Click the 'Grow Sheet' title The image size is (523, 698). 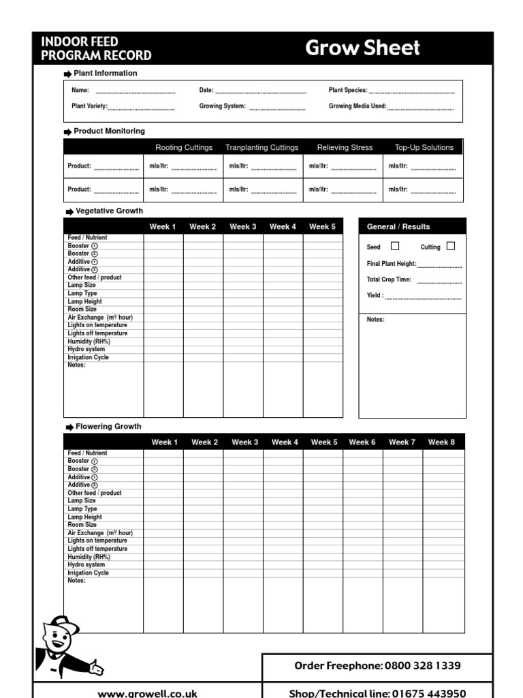coord(362,48)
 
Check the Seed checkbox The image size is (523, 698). coord(395,246)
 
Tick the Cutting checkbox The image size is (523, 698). coord(450,246)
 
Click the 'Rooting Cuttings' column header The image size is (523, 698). coord(184,147)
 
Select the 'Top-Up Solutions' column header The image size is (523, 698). coord(424,147)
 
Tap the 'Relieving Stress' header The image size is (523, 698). coord(345,147)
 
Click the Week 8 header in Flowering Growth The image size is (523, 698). coord(441,442)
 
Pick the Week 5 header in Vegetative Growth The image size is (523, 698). coord(322,227)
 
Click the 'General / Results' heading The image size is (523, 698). coord(398,227)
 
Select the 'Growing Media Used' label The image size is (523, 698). coord(358,106)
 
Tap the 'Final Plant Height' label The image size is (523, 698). coord(391,264)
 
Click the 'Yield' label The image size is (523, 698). coord(375,296)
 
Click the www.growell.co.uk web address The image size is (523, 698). coord(148,693)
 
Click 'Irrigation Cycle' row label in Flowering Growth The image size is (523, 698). coord(89,573)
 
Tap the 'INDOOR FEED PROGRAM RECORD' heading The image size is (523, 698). coord(96,49)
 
